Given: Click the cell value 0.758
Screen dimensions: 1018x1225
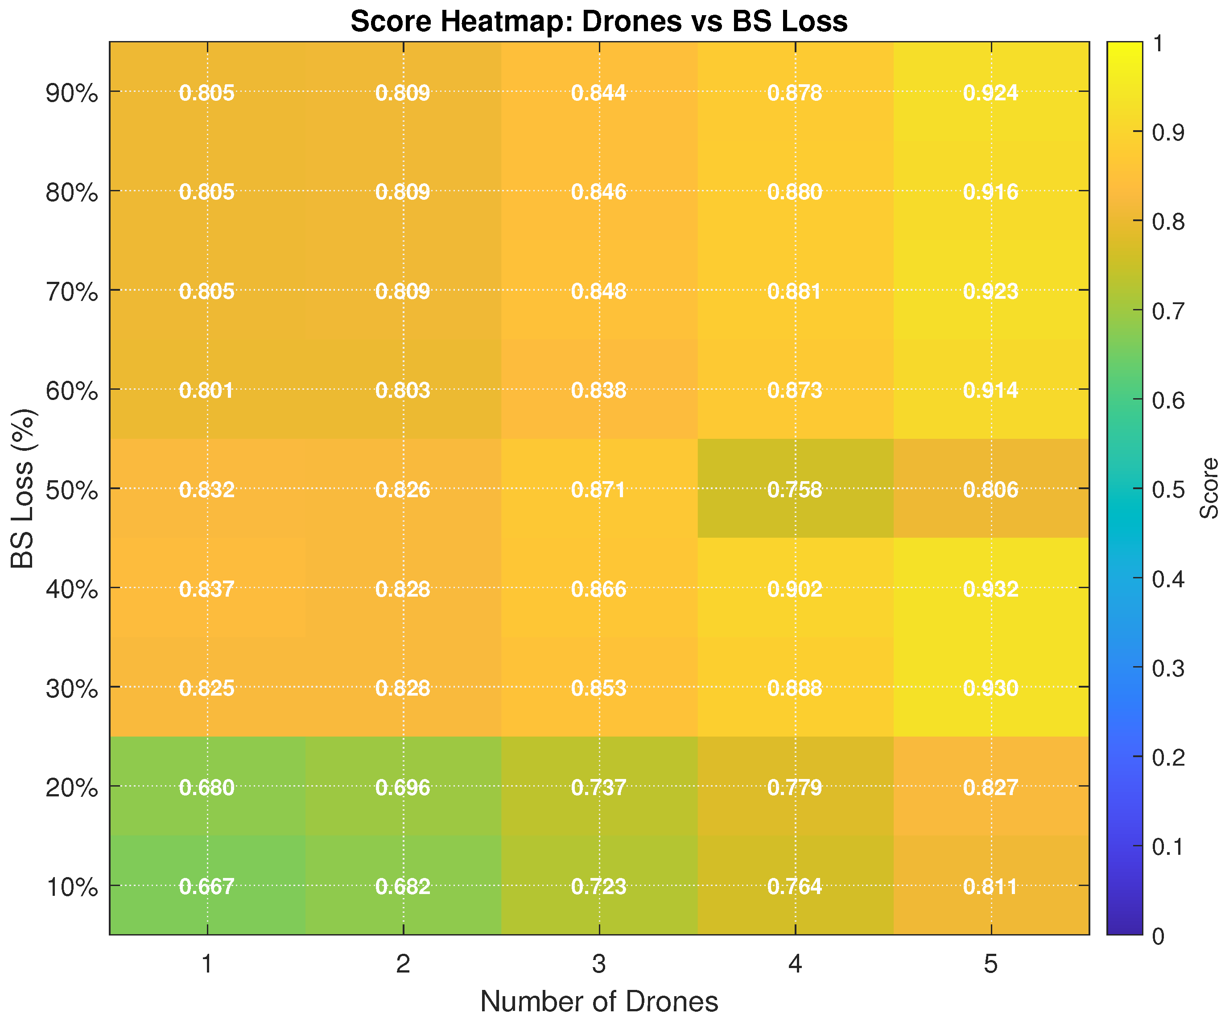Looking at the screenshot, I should click(x=795, y=490).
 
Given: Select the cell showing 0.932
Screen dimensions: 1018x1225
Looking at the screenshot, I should click(x=990, y=589).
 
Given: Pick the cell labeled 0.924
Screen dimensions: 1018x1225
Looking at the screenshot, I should click(x=990, y=93).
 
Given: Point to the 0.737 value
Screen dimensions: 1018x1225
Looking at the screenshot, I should click(x=598, y=787).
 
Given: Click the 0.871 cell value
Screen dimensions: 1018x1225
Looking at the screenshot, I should click(x=598, y=490).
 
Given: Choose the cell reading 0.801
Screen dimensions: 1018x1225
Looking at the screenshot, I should click(x=207, y=390).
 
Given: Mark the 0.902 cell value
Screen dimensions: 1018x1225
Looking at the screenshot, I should click(x=795, y=589).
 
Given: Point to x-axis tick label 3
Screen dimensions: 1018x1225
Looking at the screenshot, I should click(x=598, y=964).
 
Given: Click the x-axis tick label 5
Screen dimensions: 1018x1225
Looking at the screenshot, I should click(x=990, y=964).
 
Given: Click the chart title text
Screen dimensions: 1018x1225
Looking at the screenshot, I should click(x=598, y=21).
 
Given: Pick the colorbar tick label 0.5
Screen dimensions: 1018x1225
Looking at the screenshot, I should click(x=1168, y=490).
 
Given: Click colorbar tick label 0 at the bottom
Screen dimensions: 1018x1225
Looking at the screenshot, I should click(x=1159, y=936).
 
